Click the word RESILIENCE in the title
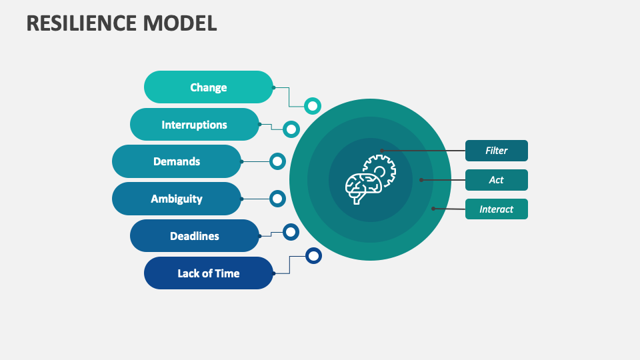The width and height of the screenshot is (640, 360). [82, 23]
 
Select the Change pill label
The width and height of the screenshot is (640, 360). [208, 87]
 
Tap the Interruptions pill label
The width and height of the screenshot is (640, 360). [194, 125]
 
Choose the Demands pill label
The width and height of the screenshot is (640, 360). [177, 161]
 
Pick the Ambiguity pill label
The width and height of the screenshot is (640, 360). [177, 199]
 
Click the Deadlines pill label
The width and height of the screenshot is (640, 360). [194, 236]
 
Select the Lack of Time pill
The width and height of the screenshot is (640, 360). [208, 273]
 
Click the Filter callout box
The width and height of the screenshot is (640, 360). [496, 151]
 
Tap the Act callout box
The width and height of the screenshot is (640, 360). [496, 180]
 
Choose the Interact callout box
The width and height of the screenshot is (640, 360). [496, 209]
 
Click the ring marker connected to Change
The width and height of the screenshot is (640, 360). [313, 105]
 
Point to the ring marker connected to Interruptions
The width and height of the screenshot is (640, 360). [291, 129]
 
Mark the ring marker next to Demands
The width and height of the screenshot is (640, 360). [277, 161]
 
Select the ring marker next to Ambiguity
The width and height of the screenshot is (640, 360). [277, 198]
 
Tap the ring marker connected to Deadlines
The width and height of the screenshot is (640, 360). [291, 232]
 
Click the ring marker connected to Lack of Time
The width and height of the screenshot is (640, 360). [313, 255]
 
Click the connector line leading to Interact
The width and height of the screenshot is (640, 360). [449, 209]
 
